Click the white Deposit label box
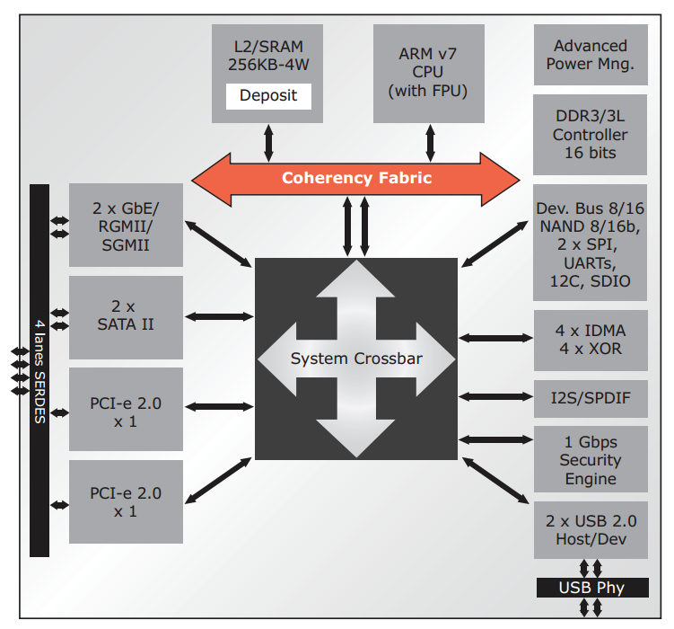pos(268,95)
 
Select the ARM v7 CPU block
pos(428,73)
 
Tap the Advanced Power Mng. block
pos(590,55)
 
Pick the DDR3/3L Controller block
pos(590,135)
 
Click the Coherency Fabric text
pos(356,178)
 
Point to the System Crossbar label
pos(356,359)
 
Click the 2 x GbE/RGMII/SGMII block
pos(126,225)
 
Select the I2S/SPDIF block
pos(590,397)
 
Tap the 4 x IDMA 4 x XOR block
pos(590,339)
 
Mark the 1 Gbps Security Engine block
pos(590,461)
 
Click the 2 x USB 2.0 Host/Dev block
pos(590,530)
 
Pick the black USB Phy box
pos(591,589)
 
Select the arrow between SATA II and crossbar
pos(219,316)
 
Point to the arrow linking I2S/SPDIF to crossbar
pos(495,396)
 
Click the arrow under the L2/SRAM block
pos(268,142)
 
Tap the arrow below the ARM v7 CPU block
pos(430,142)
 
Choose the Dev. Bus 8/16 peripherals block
pos(590,244)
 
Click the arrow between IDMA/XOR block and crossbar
pos(495,339)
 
